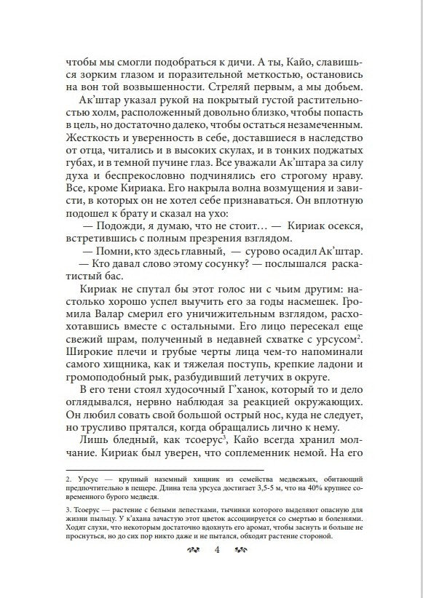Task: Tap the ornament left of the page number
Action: [194, 549]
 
